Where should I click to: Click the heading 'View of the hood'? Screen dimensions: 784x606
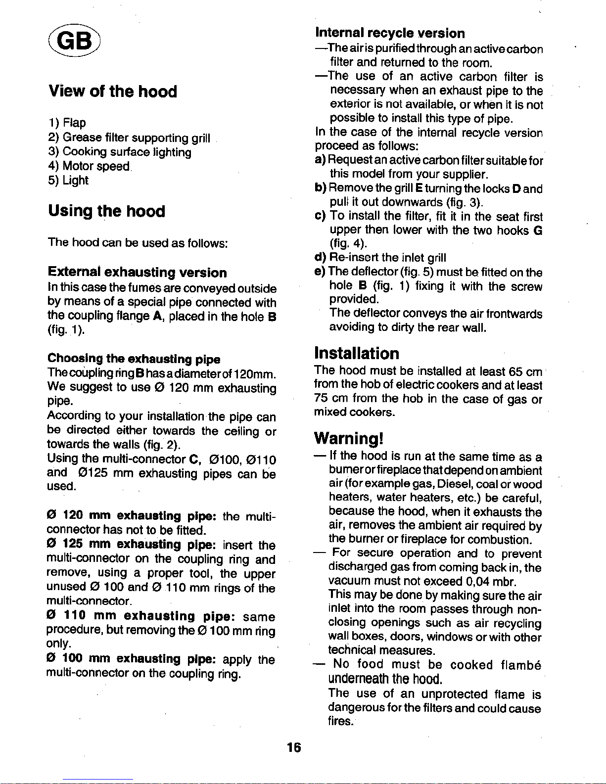click(x=112, y=92)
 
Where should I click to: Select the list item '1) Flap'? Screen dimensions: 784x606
click(x=67, y=123)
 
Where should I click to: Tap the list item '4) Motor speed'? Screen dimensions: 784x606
click(x=89, y=166)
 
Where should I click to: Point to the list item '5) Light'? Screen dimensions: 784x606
click(x=68, y=181)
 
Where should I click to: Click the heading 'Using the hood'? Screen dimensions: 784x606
click(x=106, y=211)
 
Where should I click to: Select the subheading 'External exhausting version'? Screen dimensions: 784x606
click(x=137, y=273)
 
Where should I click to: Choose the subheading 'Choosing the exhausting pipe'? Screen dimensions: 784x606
click(x=134, y=359)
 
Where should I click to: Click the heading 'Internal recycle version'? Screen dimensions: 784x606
click(x=390, y=33)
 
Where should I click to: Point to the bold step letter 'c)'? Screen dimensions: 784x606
click(x=320, y=216)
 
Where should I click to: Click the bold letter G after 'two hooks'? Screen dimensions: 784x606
click(x=538, y=230)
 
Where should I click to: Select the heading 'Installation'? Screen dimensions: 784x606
click(x=357, y=353)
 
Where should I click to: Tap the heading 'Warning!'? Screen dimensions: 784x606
click(x=349, y=439)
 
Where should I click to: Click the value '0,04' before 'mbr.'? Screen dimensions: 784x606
click(x=477, y=581)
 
